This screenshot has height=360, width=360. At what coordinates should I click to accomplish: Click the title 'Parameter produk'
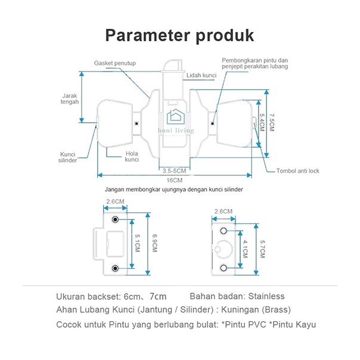(x=179, y=35)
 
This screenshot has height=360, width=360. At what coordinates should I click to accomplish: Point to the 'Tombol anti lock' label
(x=297, y=171)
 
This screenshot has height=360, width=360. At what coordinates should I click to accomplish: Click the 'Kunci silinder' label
(x=68, y=157)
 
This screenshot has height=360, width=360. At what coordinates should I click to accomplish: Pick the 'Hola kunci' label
(x=132, y=157)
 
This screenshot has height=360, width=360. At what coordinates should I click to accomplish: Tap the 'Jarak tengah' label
(x=70, y=98)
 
